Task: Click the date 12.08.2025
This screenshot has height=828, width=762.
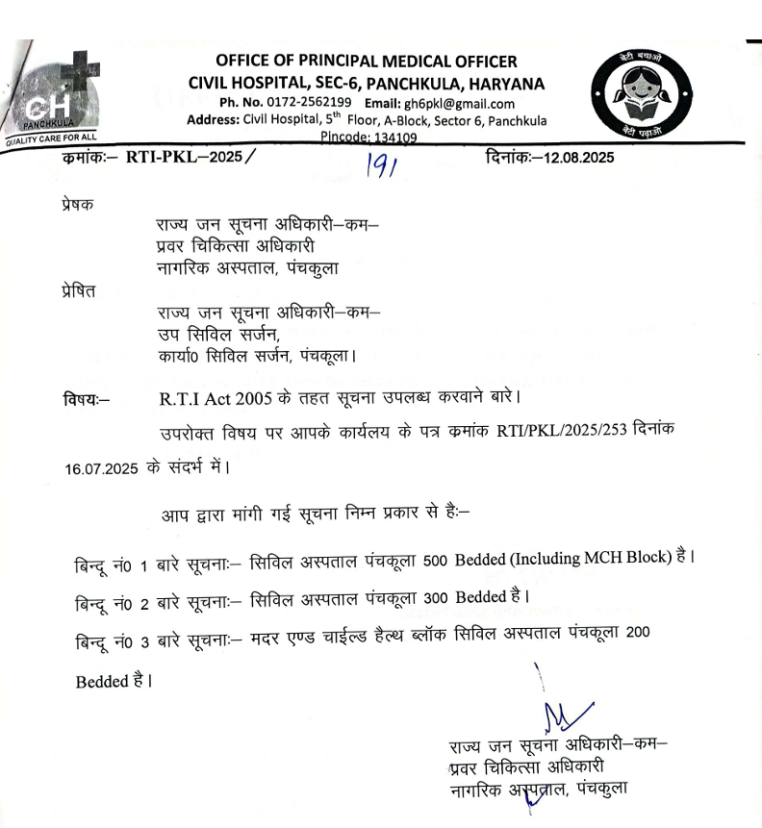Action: [579, 157]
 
